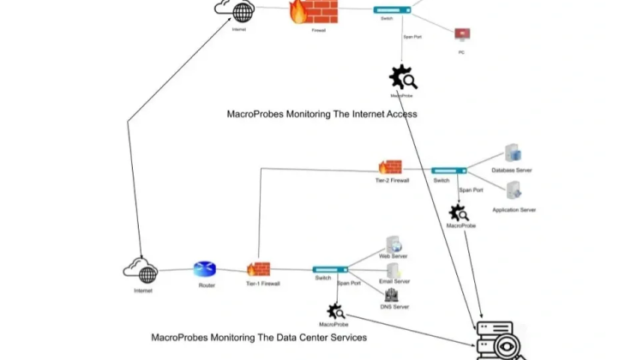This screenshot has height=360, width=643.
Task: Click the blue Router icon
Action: point(205,270)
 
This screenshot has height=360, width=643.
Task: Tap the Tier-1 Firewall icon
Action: point(258,269)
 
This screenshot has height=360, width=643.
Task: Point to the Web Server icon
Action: point(393,244)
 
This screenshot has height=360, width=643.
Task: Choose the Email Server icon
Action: point(394,269)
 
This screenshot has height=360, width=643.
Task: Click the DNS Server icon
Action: point(392,295)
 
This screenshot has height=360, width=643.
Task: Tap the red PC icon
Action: point(462,35)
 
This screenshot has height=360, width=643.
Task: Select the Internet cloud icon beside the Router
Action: point(142,271)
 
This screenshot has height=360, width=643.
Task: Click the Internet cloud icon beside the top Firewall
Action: point(236,10)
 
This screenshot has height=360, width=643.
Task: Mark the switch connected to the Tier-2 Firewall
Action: point(449,171)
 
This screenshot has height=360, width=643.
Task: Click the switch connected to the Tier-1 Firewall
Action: point(330,269)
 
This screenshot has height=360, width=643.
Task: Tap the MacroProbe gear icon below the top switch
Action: point(403,79)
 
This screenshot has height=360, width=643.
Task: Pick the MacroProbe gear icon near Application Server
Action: point(459,213)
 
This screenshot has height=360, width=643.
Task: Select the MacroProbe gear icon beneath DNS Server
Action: point(335,311)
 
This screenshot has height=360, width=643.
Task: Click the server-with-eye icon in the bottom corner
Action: point(496,341)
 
